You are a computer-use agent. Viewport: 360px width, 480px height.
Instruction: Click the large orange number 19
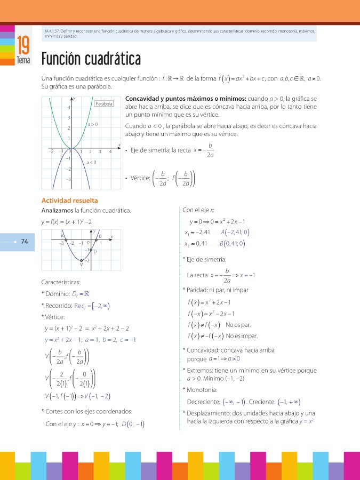[23, 44]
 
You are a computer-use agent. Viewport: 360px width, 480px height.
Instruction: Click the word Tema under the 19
[23, 60]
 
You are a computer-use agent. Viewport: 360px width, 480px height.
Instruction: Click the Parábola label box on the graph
[104, 103]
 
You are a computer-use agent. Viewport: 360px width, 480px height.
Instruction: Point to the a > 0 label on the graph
[92, 124]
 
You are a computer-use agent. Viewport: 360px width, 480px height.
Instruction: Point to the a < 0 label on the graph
[91, 162]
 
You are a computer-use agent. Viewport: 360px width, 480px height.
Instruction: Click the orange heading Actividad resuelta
[69, 201]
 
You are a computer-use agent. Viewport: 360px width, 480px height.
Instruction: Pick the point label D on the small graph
[95, 252]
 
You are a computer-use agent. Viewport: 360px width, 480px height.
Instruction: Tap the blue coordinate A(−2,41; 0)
[235, 232]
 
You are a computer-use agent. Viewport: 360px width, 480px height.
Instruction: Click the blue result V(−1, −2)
[98, 396]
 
